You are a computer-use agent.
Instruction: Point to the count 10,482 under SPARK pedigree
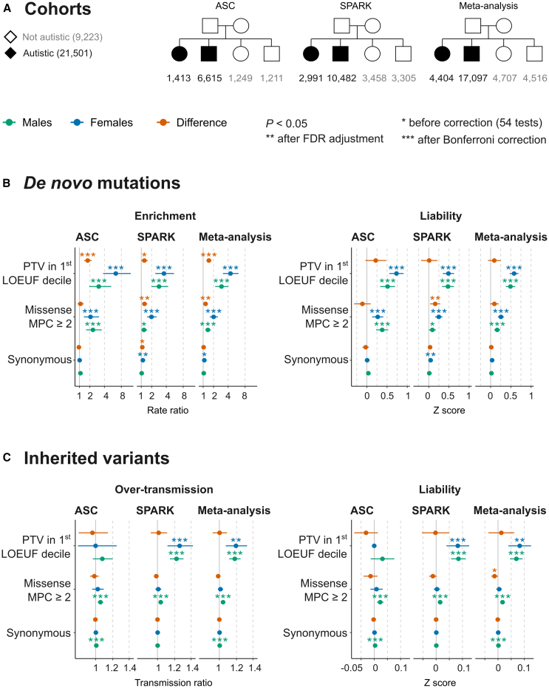341,79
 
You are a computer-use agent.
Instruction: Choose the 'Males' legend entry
37,123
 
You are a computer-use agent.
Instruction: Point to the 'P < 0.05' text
286,123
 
